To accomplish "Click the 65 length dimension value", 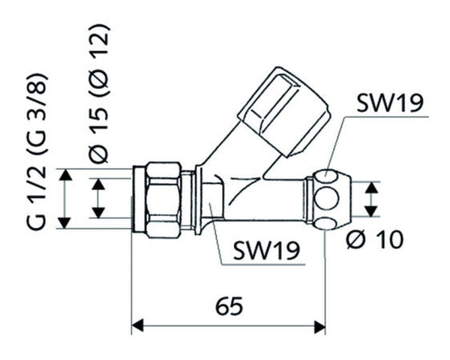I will tap(228, 306).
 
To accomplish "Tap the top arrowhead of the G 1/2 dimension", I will tap(67, 175).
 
